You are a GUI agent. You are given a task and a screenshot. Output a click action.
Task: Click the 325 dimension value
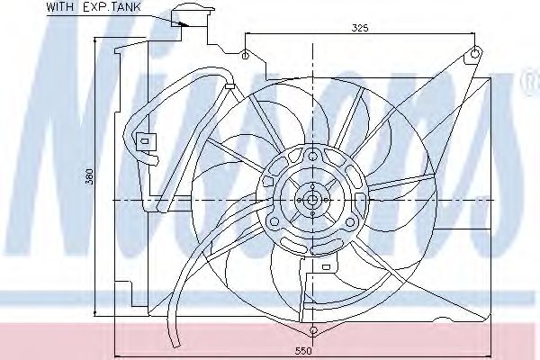tap(359, 28)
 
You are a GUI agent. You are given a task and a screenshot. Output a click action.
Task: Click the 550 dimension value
tap(303, 351)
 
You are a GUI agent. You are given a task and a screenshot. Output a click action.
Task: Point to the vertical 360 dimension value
tap(89, 176)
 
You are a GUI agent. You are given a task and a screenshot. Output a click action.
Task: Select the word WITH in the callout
tap(59, 7)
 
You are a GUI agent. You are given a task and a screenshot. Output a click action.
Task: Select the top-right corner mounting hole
tap(474, 53)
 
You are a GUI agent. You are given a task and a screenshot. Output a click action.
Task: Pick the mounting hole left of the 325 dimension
tap(245, 55)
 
